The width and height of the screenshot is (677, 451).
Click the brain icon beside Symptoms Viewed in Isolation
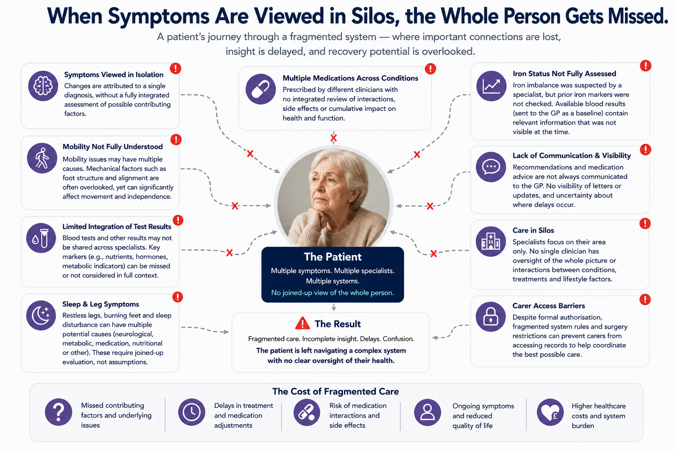pyautogui.click(x=43, y=86)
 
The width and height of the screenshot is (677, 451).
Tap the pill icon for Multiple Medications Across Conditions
pyautogui.click(x=260, y=89)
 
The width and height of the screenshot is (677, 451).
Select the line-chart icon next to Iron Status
pyautogui.click(x=491, y=86)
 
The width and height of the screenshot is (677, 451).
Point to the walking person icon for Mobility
pyautogui.click(x=42, y=158)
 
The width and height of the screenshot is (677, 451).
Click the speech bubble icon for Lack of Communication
pyautogui.click(x=491, y=167)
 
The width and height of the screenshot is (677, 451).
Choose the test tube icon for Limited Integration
pyautogui.click(x=41, y=238)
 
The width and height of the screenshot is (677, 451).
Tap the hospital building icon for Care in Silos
pyautogui.click(x=491, y=241)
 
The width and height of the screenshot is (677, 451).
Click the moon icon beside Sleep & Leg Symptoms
pyautogui.click(x=41, y=315)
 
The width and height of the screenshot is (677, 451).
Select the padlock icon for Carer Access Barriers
pyautogui.click(x=491, y=317)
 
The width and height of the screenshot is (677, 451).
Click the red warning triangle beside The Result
pyautogui.click(x=302, y=323)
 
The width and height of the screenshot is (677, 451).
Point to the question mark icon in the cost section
pyautogui.click(x=59, y=412)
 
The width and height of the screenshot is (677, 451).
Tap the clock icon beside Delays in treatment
pyautogui.click(x=192, y=412)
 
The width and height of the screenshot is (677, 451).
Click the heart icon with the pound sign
pyautogui.click(x=551, y=412)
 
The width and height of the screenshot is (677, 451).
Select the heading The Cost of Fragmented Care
pyautogui.click(x=335, y=392)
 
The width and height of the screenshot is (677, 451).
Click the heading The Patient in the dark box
pyautogui.click(x=332, y=257)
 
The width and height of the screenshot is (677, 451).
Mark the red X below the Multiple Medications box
pyautogui.click(x=334, y=138)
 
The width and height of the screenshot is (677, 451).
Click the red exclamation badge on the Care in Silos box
pyautogui.click(x=645, y=224)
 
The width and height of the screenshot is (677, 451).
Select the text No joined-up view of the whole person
pyautogui.click(x=332, y=293)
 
